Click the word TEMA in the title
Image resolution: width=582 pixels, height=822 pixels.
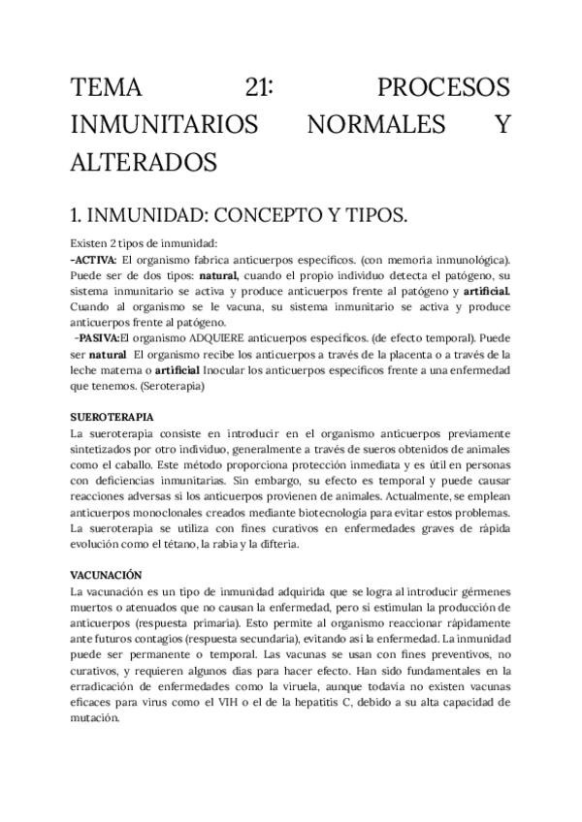pyautogui.click(x=108, y=88)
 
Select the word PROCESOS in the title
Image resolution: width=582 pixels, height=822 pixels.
pyautogui.click(x=443, y=88)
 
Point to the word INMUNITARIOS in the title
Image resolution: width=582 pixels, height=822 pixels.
pyautogui.click(x=165, y=124)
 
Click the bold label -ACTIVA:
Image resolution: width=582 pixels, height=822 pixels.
pyautogui.click(x=94, y=261)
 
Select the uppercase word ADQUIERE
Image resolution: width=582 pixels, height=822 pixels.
pyautogui.click(x=215, y=338)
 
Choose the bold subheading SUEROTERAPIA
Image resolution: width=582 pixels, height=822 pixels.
pyautogui.click(x=113, y=416)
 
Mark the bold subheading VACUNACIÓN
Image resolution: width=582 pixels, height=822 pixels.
pyautogui.click(x=107, y=575)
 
